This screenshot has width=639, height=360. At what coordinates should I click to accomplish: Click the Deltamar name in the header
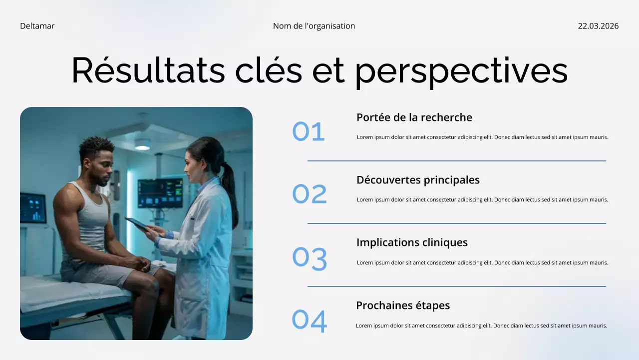point(37,26)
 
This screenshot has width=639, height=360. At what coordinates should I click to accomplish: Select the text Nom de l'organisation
point(314,26)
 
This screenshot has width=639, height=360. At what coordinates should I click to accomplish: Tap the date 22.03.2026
point(598,26)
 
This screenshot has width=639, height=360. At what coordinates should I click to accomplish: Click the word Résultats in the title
point(148,70)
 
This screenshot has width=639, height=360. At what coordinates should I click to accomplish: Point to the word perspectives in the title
point(461,70)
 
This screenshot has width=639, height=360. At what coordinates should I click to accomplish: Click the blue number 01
point(309,132)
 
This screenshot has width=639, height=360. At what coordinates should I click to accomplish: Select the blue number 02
point(310,194)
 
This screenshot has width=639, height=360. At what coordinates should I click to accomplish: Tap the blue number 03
point(310,258)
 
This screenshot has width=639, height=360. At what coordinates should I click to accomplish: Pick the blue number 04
point(310,321)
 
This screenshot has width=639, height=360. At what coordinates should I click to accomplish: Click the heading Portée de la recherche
point(414,117)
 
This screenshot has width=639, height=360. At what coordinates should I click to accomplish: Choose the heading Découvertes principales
point(418,180)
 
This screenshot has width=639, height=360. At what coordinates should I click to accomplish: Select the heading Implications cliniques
point(412,242)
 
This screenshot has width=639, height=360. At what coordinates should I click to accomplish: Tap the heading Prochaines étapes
point(403,305)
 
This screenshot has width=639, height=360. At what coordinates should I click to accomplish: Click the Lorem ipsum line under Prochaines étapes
point(481,325)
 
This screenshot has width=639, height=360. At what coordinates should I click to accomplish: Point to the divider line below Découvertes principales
point(456,223)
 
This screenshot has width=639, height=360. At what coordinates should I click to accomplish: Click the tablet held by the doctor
point(136,223)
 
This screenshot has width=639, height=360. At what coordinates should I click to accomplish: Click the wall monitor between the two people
point(160,193)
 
